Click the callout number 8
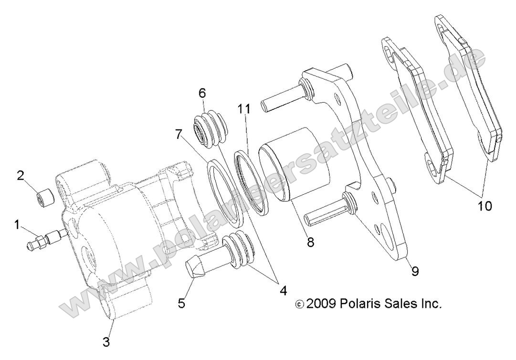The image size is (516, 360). [x=310, y=242]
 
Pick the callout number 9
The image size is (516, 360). [x=415, y=271]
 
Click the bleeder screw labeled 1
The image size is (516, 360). [x=45, y=237]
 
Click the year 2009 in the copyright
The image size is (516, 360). [x=322, y=304]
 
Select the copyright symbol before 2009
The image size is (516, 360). [x=299, y=304]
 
